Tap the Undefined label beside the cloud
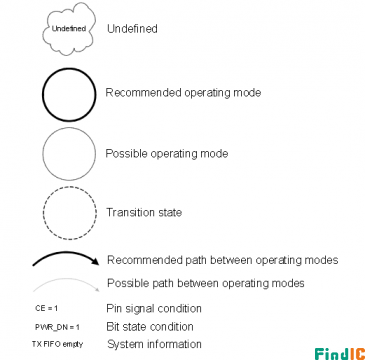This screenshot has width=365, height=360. [x=132, y=29]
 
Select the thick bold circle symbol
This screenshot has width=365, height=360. [x=43, y=95]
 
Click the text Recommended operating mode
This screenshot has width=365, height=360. [x=183, y=93]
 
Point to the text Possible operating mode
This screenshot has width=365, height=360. [x=167, y=154]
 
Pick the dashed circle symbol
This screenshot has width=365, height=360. [x=43, y=213]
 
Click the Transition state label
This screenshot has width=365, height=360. [x=144, y=212]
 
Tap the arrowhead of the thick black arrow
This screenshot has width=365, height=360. [x=96, y=261]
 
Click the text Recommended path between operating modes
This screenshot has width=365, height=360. [x=223, y=260]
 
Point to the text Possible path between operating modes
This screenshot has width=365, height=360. [x=206, y=283]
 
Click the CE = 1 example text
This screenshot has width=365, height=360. [x=46, y=308]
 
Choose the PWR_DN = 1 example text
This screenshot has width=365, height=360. [x=57, y=327]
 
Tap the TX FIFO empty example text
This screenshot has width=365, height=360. [x=57, y=344]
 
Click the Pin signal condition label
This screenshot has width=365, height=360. [x=154, y=308]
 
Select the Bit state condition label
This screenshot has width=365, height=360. [x=150, y=326]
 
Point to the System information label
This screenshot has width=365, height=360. [x=154, y=344]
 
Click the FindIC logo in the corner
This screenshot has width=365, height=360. [x=340, y=354]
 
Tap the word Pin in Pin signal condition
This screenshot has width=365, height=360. [x=114, y=308]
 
